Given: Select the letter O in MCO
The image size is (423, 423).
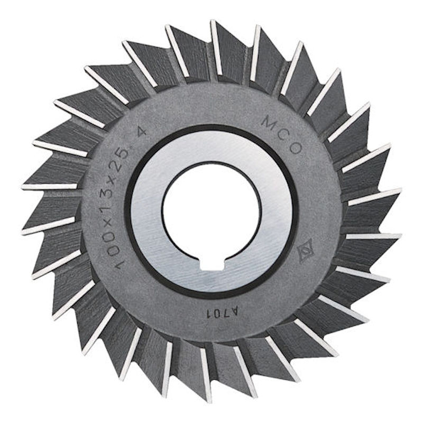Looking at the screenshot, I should (x=296, y=149).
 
